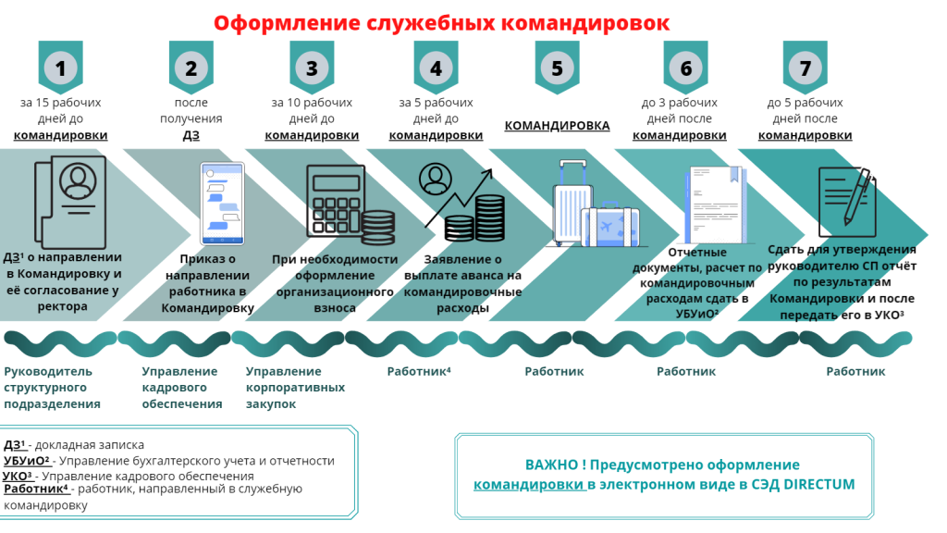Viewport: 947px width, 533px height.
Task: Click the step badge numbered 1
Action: coord(60,67)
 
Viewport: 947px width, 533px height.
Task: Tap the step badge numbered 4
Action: coord(436,67)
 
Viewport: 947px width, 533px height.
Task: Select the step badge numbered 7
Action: coord(806,67)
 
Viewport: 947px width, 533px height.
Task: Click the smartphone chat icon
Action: coord(222,203)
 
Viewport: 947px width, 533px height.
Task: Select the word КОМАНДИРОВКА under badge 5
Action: coord(557,126)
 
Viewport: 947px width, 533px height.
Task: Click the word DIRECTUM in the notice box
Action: coord(819,485)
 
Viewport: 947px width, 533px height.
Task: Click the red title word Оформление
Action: coord(286,23)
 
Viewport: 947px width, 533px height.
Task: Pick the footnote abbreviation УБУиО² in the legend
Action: coord(26,461)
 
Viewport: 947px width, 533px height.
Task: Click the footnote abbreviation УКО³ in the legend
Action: coord(17,477)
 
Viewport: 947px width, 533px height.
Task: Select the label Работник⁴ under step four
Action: coord(419,372)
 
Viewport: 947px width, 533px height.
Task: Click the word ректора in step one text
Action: coord(62,306)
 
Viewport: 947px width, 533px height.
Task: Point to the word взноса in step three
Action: coord(335,307)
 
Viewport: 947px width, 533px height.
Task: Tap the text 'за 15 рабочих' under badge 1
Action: coord(60,103)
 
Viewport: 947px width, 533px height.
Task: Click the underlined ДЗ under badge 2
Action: coord(191,135)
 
